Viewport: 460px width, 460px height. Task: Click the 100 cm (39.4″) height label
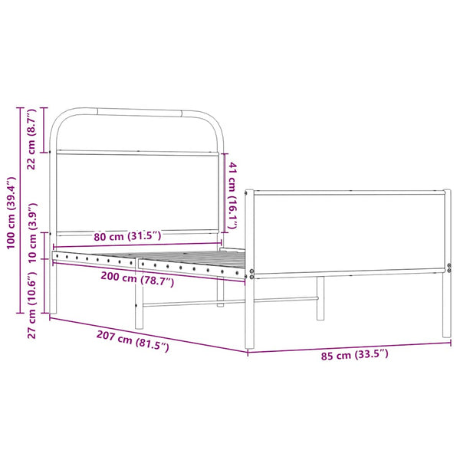[11, 213]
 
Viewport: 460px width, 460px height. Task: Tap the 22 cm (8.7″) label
[31, 139]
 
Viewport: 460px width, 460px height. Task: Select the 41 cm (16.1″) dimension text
[232, 195]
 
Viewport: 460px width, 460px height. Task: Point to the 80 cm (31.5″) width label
[127, 235]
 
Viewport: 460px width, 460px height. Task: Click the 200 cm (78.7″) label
[137, 278]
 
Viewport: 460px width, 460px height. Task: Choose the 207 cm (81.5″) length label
[133, 341]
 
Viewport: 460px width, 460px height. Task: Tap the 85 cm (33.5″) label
[354, 354]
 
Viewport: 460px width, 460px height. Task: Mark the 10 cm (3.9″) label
[31, 232]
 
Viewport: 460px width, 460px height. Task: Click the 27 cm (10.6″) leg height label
[31, 305]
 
